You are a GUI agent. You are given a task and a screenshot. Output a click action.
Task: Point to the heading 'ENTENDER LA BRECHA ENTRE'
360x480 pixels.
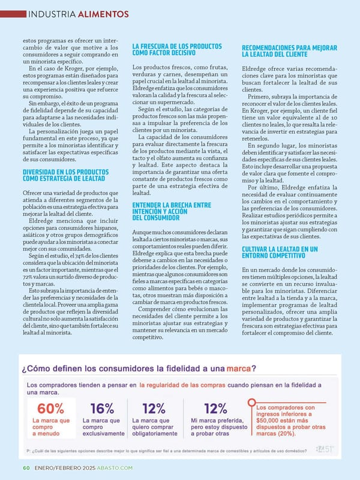tap(172, 206)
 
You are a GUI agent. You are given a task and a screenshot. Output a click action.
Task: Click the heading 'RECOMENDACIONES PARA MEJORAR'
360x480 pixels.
tap(289, 48)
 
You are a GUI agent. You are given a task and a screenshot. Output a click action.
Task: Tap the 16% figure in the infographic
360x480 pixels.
tap(102, 409)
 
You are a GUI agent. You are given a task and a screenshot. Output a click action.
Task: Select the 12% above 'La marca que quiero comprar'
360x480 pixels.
tap(154, 409)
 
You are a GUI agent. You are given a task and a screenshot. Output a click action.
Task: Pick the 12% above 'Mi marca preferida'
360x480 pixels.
tap(215, 409)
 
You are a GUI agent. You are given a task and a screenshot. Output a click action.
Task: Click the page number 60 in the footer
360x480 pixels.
tap(26, 467)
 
